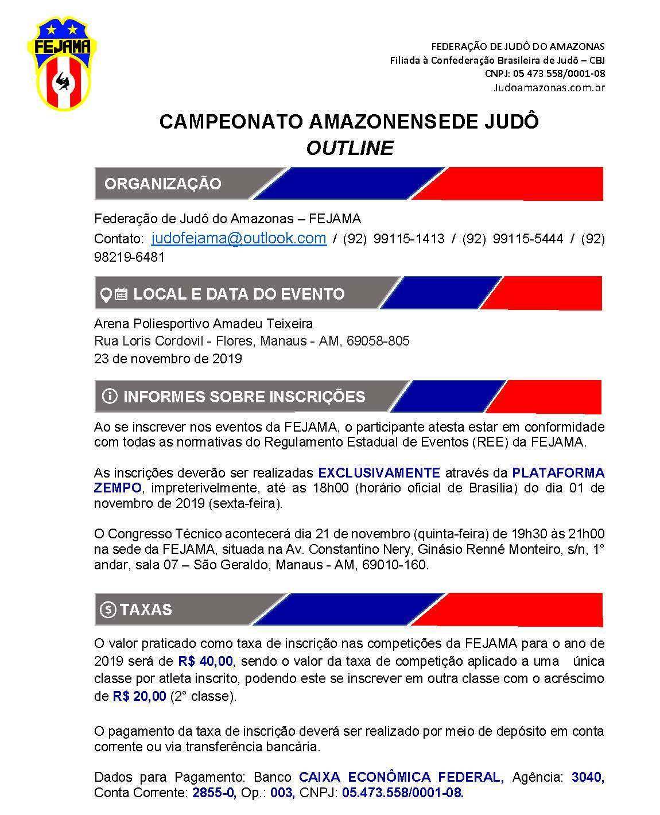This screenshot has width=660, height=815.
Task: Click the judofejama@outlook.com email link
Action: [239, 238]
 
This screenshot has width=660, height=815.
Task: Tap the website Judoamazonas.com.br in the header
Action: [549, 88]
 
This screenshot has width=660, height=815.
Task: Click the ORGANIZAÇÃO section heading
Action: [162, 184]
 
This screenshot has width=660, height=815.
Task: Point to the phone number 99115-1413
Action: [409, 239]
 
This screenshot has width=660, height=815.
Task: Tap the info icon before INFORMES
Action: [109, 397]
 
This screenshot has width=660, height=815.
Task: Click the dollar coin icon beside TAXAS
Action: [108, 610]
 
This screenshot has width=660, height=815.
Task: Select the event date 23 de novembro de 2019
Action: [168, 359]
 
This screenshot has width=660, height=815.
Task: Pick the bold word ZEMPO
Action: [118, 488]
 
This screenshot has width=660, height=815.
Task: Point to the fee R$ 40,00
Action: [204, 661]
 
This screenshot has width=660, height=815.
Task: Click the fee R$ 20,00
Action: [139, 697]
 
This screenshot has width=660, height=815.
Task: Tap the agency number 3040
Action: [588, 778]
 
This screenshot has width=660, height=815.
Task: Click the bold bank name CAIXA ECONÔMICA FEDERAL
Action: [401, 778]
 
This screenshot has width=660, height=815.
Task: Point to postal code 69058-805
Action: [378, 341]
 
